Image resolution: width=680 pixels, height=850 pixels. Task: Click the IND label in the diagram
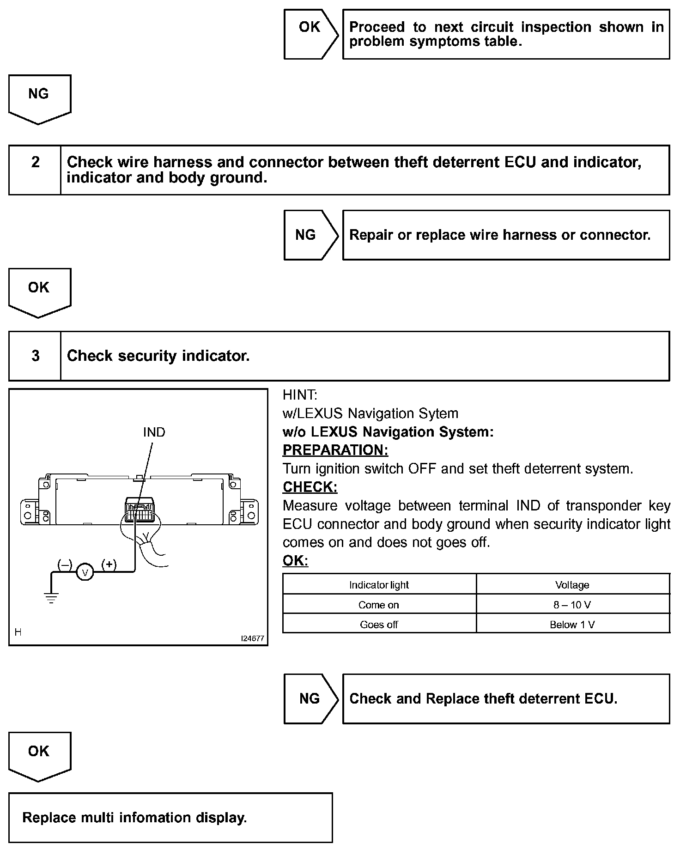[x=154, y=432]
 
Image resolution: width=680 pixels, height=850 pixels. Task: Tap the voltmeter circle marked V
[x=85, y=573]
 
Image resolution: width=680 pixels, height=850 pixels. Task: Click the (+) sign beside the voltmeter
[x=109, y=565]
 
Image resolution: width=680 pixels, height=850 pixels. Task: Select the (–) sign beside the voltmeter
[x=65, y=565]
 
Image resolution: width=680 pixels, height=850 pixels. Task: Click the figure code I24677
[x=252, y=638]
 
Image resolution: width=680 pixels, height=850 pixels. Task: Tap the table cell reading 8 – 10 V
[x=572, y=605]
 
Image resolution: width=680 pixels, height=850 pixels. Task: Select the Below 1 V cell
[x=572, y=625]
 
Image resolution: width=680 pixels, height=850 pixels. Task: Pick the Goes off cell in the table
[x=379, y=625]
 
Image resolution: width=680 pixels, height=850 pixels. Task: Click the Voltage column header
[x=572, y=585]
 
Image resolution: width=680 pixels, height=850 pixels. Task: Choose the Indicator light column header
[x=379, y=585]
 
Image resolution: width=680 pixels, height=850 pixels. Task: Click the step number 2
[x=35, y=162]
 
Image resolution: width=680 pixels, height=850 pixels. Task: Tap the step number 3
[x=35, y=356]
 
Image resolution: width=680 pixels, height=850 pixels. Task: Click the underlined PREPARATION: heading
[x=335, y=450]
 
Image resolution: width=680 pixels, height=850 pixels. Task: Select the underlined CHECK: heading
[x=310, y=487]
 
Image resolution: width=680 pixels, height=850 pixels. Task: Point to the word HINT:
[x=300, y=395]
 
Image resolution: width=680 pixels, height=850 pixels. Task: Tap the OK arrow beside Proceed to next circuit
[x=310, y=27]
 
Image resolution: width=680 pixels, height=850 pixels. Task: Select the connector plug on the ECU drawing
[x=140, y=510]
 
